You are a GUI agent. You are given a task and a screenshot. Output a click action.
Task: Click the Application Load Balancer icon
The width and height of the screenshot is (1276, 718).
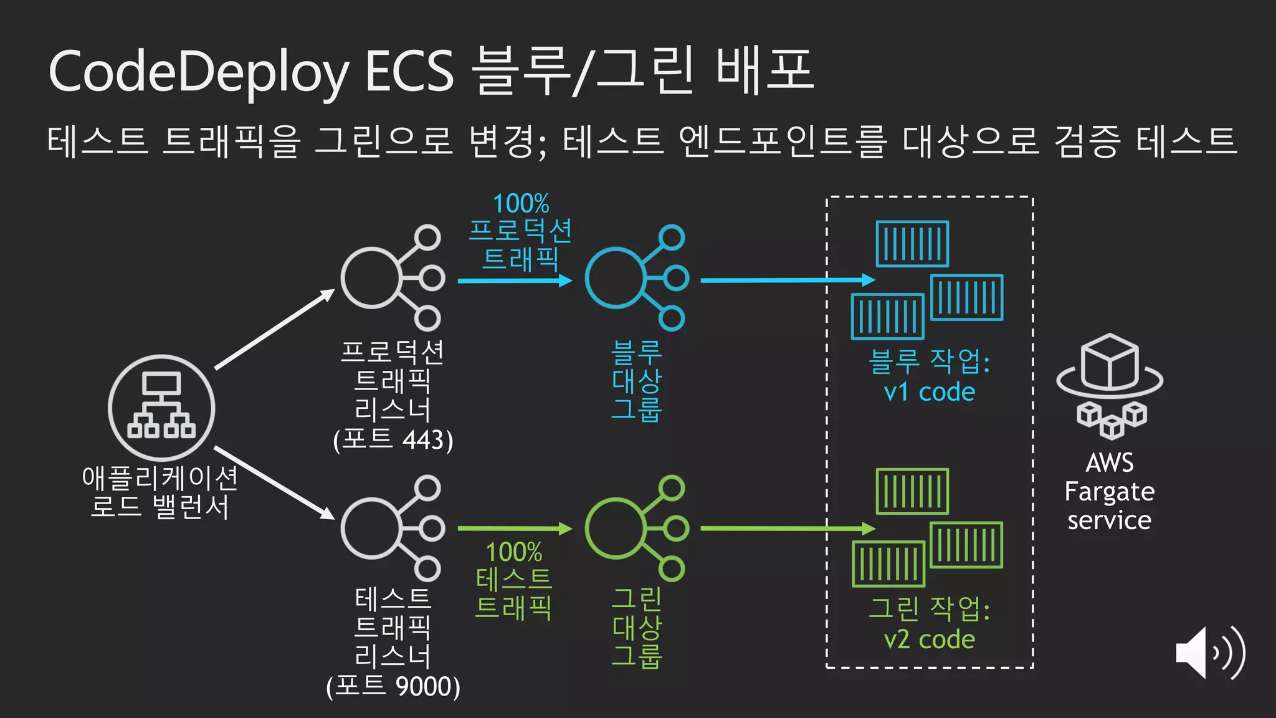coord(161,408)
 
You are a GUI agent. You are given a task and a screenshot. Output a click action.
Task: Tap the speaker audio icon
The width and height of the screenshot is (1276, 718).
coord(1209,653)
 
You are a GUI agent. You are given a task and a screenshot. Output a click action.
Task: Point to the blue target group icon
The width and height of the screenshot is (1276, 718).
coord(636,278)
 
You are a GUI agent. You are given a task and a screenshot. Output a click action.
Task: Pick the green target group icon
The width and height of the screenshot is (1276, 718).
coord(636,529)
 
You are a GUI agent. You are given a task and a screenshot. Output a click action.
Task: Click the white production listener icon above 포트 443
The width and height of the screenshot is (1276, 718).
coord(392,278)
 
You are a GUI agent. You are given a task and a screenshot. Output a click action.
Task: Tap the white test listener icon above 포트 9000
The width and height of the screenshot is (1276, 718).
coord(392,529)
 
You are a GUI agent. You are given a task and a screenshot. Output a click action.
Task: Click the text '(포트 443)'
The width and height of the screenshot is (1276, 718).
coord(393,440)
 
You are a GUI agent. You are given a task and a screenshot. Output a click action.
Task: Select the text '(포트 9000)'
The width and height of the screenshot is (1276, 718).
coord(393,687)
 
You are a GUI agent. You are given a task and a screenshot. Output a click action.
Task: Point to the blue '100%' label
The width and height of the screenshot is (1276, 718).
coord(521,203)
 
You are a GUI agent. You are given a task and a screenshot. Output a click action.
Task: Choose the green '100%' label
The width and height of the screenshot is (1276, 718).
coord(514,552)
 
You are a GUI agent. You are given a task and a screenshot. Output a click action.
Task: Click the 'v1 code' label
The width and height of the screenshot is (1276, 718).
coord(929,392)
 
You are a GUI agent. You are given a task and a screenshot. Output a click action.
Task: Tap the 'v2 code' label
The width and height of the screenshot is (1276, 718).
coord(929,639)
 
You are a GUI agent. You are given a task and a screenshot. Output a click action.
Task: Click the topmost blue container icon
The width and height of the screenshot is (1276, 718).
coord(912,244)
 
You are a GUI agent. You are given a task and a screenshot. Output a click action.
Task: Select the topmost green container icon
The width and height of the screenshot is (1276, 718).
coord(912,491)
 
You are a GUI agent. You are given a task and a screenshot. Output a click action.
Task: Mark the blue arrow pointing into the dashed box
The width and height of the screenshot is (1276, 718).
coord(788,280)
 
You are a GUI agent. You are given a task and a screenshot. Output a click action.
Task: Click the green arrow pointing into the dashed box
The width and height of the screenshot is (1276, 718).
coord(788,529)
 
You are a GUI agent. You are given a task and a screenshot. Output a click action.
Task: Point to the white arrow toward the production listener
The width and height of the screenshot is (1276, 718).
coord(275,329)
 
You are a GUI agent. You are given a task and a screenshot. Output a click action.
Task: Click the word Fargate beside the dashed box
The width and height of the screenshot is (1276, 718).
coord(1110,492)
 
